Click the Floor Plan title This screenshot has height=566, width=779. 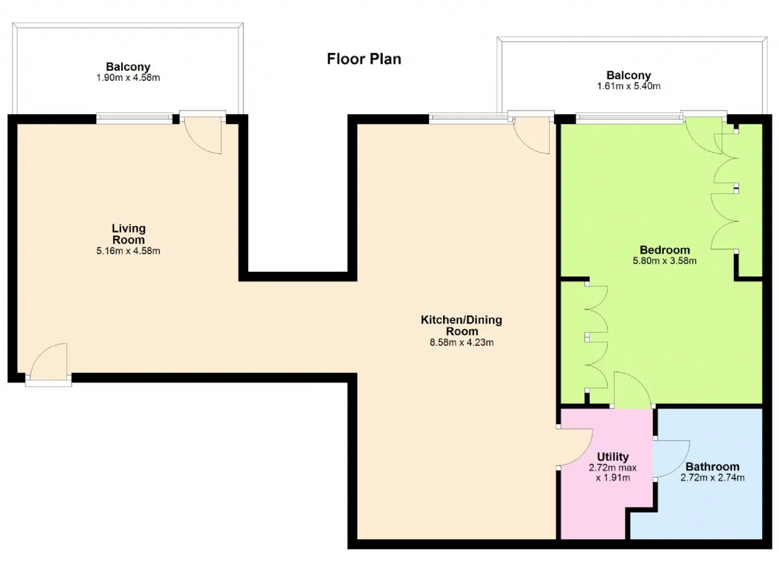(364, 59)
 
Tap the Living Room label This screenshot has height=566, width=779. (128, 234)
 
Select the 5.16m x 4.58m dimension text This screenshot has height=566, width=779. (128, 251)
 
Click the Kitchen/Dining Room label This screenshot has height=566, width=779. (461, 325)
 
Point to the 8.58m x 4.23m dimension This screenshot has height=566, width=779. (461, 343)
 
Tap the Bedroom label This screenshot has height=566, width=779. (665, 250)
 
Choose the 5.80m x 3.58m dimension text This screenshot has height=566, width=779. (665, 261)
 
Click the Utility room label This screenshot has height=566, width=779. (613, 457)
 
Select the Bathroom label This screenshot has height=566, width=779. (712, 467)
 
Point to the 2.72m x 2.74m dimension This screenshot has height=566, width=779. (712, 478)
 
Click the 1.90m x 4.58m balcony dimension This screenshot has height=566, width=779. (128, 78)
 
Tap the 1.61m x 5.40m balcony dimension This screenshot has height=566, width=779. (629, 86)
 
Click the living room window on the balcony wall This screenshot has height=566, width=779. (134, 119)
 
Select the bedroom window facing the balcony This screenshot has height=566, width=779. (629, 119)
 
